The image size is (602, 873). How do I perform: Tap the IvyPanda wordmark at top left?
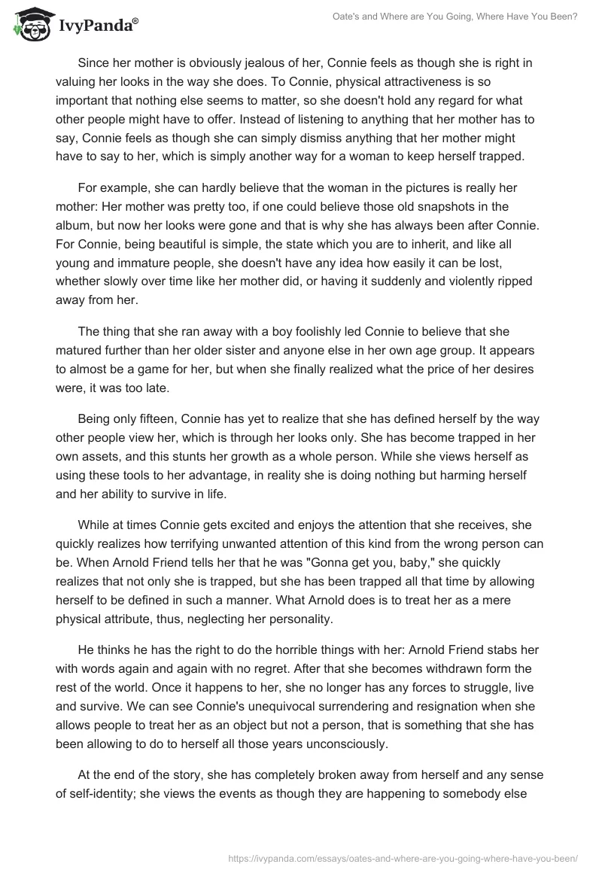(98, 26)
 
